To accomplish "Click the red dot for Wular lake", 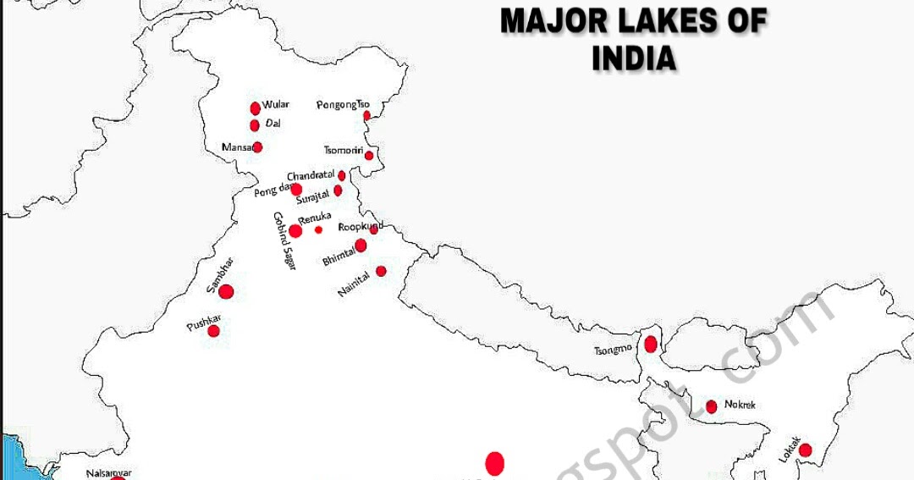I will click(x=255, y=108).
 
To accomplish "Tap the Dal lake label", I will click(x=273, y=124).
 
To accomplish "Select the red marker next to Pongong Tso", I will click(x=366, y=115).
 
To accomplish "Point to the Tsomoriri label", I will click(x=343, y=151).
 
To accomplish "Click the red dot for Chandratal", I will click(x=342, y=176).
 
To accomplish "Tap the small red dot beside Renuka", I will click(x=319, y=229).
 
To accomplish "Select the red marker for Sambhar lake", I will click(x=226, y=292).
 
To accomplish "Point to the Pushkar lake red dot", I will click(x=213, y=331).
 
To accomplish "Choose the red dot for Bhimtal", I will click(x=361, y=246).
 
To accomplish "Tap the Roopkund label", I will click(x=360, y=227).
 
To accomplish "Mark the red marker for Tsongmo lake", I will click(x=650, y=344).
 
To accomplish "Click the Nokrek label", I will click(x=740, y=405).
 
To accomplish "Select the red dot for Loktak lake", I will click(x=805, y=450).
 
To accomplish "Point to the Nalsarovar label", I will click(x=109, y=473).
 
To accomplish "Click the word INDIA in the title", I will click(x=634, y=59).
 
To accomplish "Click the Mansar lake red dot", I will click(x=257, y=147).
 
